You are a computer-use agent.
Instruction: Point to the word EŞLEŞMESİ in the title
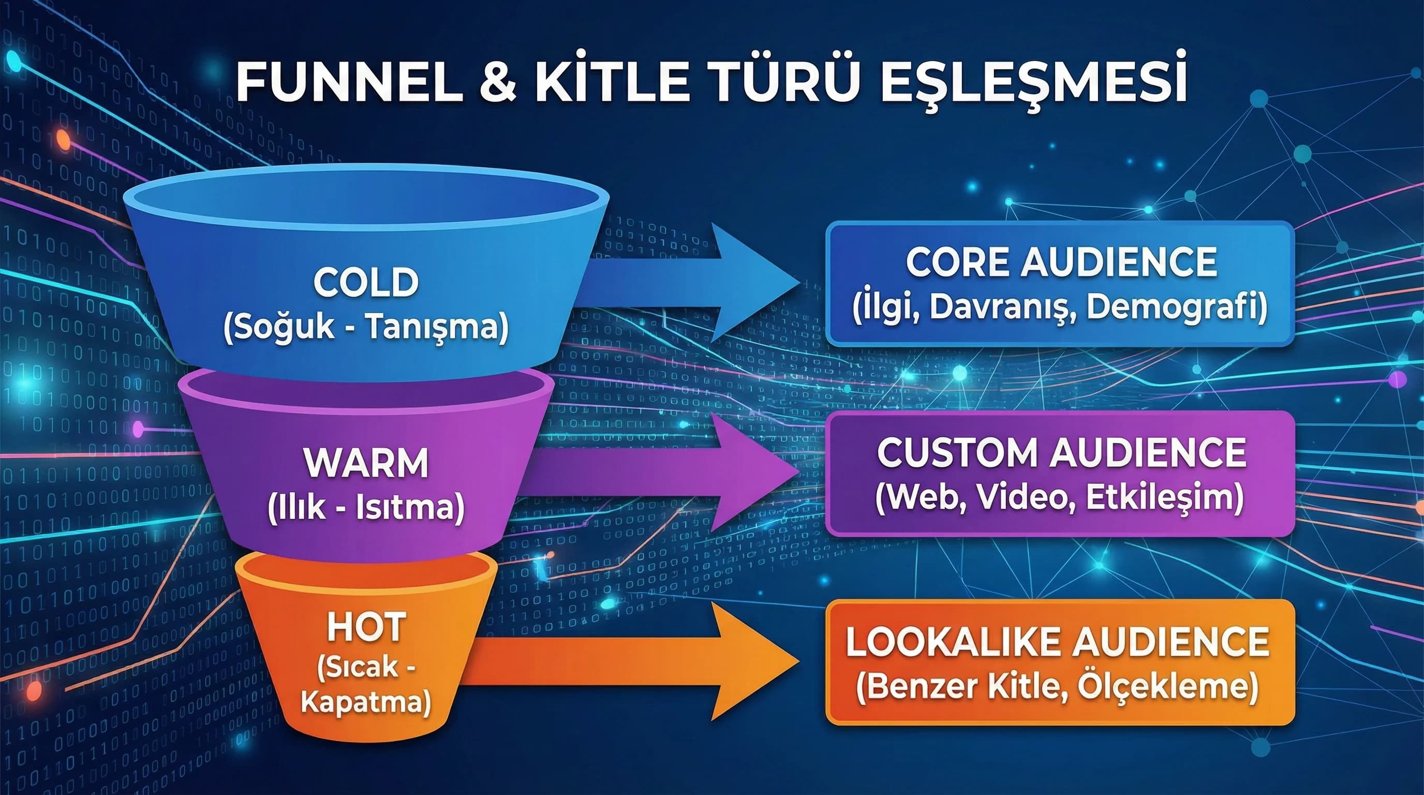tap(1033, 84)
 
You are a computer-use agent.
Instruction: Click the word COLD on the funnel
tap(365, 283)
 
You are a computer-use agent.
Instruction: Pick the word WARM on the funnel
tap(366, 463)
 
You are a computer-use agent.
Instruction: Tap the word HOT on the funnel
tap(366, 627)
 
